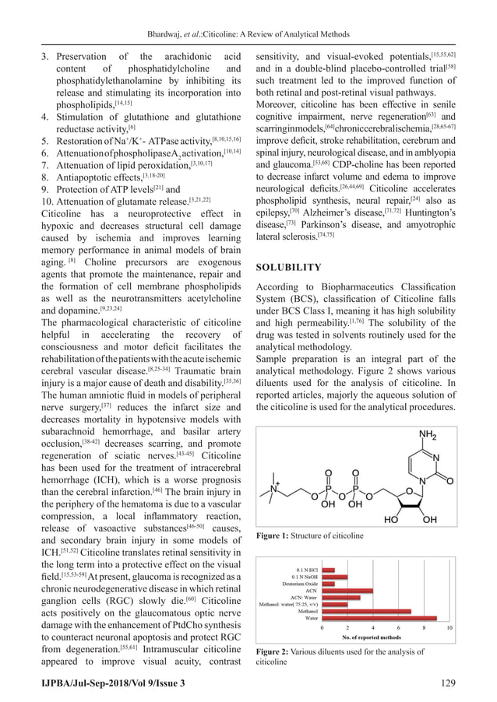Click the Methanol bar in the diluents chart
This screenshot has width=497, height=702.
coord(366,611)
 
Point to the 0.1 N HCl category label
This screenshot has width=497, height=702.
coord(303,570)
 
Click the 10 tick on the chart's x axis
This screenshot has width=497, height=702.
coord(450,627)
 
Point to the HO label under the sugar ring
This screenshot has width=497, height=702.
coord(393,519)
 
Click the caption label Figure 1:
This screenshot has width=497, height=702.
coord(273,536)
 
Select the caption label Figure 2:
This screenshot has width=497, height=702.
coord(273,651)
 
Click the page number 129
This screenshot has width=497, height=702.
coord(470,683)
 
